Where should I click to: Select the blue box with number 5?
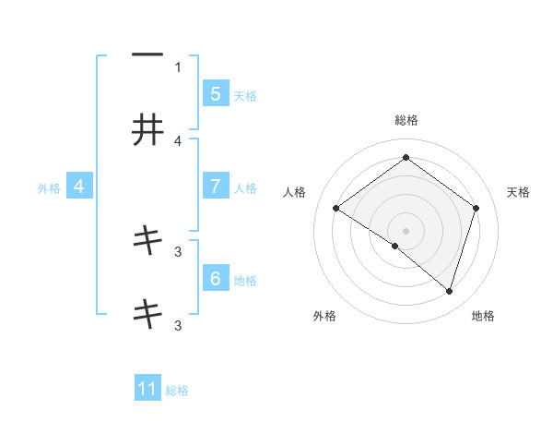point(215,93)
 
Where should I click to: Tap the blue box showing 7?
point(215,187)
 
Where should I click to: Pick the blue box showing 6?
point(215,278)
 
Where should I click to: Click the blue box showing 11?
point(147,389)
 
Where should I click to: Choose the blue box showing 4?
point(79,187)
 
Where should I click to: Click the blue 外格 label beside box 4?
point(49,187)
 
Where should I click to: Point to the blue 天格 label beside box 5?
point(245,95)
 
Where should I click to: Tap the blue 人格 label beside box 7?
point(245,187)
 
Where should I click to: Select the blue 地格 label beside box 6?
point(245,280)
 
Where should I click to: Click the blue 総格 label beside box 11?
point(177,391)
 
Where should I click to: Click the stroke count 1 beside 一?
point(178,66)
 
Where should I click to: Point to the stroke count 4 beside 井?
point(178,140)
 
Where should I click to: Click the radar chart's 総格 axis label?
point(406,120)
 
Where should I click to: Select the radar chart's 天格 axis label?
point(518,192)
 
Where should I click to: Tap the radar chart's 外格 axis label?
point(324,316)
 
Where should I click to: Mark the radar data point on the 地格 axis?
point(449,291)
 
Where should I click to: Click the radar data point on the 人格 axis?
point(336,209)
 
